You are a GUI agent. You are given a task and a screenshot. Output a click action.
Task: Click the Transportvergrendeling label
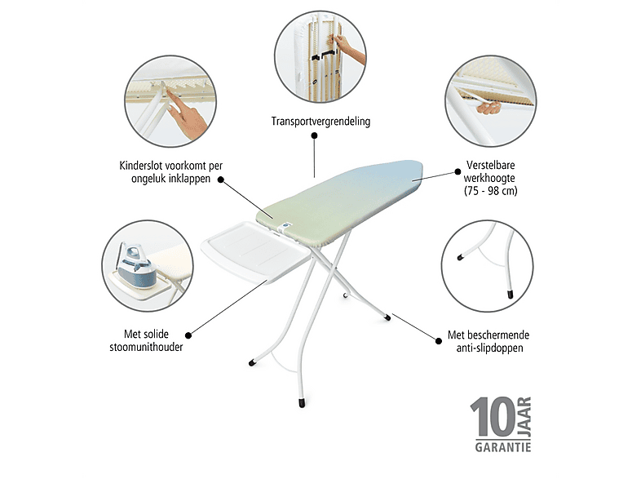point(320,122)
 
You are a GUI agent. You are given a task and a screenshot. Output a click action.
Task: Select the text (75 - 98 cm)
point(490,191)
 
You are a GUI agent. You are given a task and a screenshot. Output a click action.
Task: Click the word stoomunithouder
point(146,348)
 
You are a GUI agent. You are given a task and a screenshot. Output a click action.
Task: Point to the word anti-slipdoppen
point(490,348)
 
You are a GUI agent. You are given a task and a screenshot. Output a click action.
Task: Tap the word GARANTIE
point(503,446)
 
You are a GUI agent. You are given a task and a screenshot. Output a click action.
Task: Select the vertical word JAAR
point(524,416)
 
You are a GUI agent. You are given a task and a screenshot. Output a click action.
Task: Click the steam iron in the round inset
point(136,265)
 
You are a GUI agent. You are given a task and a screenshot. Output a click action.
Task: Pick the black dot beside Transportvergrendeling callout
point(314,135)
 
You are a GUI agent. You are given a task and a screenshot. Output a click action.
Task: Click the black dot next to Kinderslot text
point(221,180)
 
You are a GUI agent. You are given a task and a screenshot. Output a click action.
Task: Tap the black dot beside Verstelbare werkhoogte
point(458,172)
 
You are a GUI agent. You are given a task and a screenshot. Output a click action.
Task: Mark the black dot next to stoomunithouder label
point(188,335)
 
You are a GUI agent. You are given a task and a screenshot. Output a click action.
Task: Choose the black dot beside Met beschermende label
point(439,341)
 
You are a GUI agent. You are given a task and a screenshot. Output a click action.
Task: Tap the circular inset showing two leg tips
point(488,266)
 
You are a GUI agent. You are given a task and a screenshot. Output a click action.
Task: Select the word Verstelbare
point(490,166)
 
